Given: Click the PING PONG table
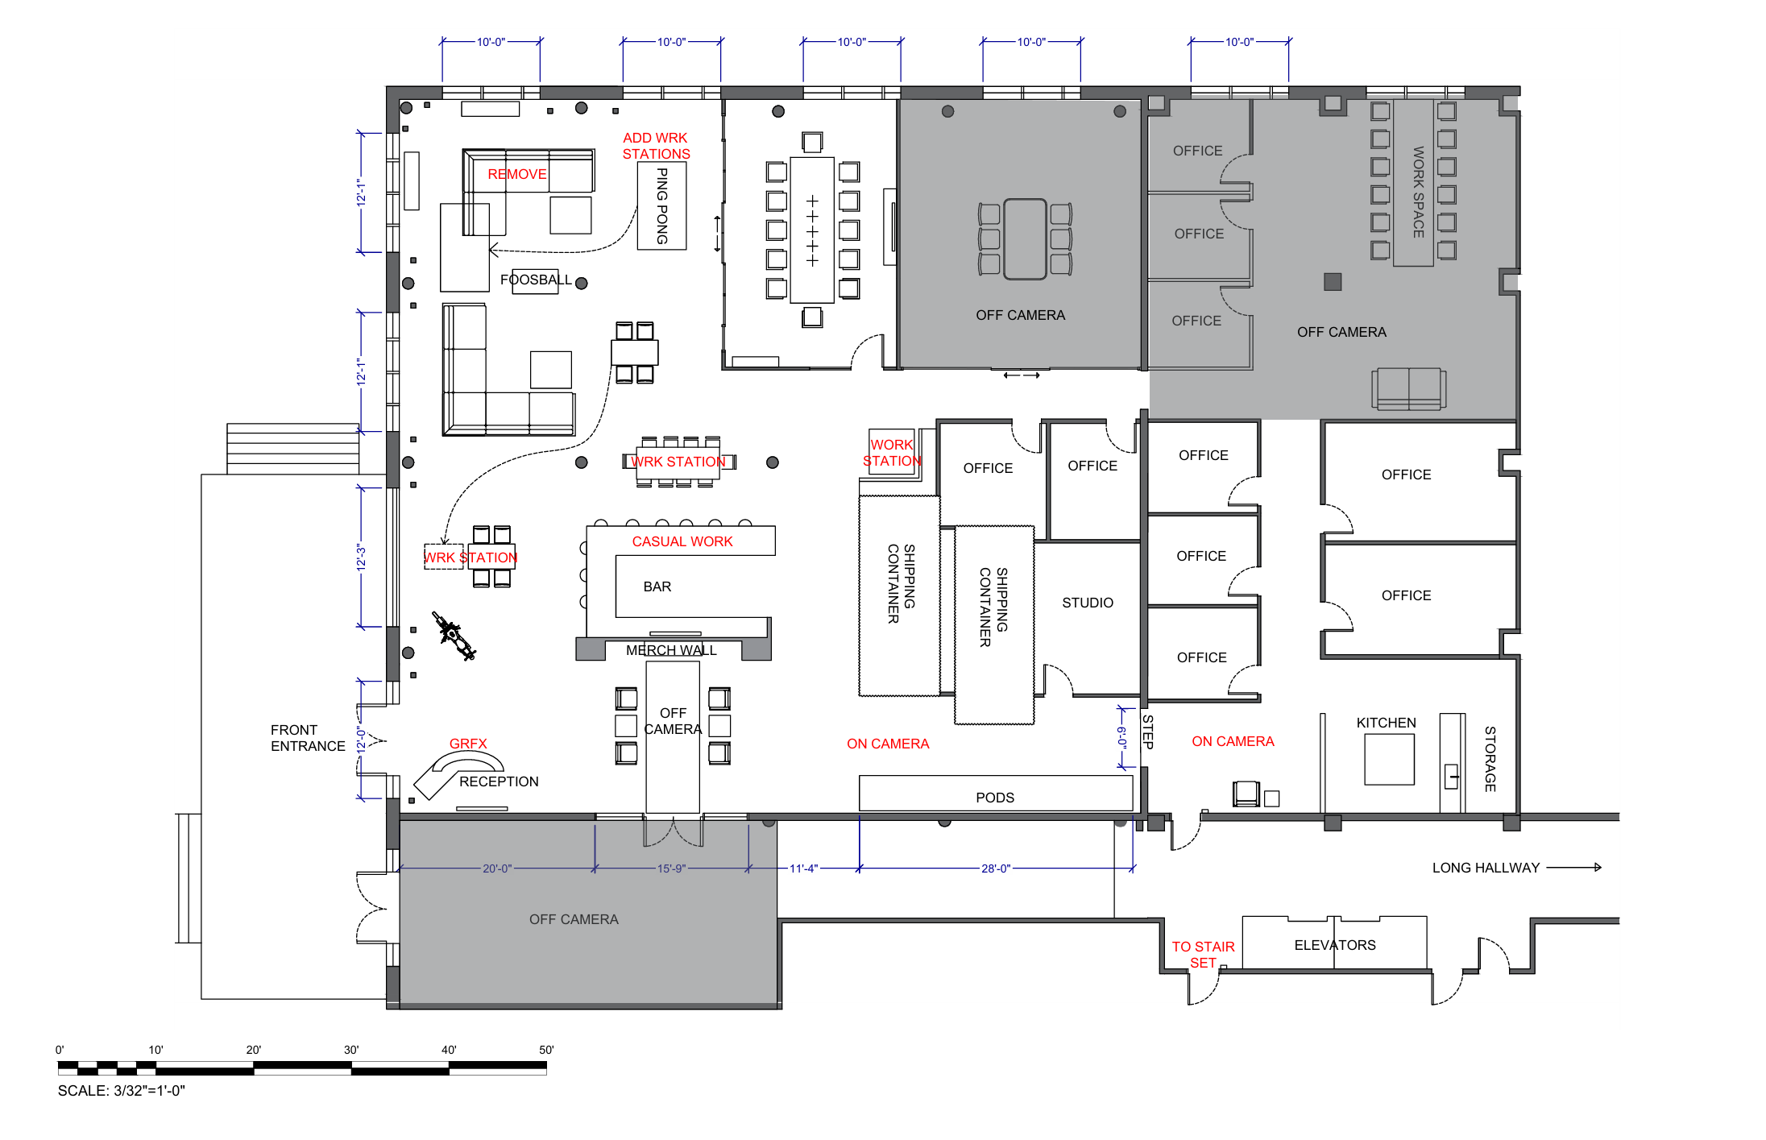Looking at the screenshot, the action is click(x=661, y=205).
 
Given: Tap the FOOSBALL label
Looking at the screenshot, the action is click(x=536, y=280).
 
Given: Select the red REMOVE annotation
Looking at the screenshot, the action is click(x=517, y=174).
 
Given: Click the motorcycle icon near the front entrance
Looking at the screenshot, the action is click(x=454, y=636).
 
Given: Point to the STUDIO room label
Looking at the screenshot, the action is click(x=1088, y=603).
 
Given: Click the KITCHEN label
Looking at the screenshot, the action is click(x=1386, y=723).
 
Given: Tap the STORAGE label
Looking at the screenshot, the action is click(x=1490, y=759).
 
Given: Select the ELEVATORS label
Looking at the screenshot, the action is click(x=1335, y=945).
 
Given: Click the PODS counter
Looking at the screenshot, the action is click(x=996, y=793).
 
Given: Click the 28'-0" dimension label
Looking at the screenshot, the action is click(x=996, y=868).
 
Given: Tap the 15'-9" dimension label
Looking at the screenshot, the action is click(x=671, y=868).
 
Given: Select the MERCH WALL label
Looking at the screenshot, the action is click(x=671, y=650).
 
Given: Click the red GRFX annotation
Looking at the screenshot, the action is click(x=468, y=744).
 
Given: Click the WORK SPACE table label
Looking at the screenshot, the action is click(x=1418, y=192).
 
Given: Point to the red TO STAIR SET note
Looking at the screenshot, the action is click(x=1203, y=955).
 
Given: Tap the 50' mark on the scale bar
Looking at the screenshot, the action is click(x=546, y=1050).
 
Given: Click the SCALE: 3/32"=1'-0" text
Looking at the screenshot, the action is click(x=122, y=1091).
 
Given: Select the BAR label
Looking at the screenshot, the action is click(x=657, y=587).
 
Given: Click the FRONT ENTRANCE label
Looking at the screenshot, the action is click(x=308, y=738).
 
